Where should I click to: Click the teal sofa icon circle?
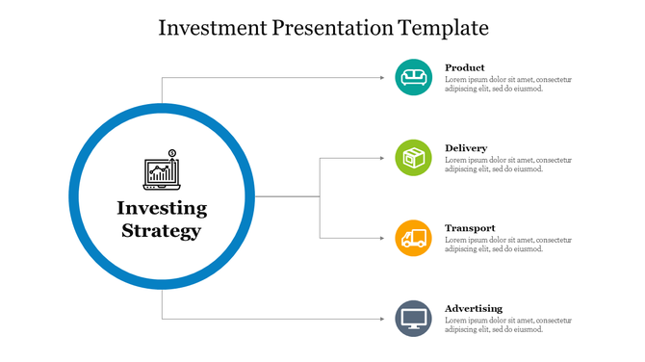(x=414, y=77)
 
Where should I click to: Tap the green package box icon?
(x=414, y=158)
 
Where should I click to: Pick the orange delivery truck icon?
(x=414, y=238)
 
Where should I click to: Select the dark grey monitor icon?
(x=414, y=318)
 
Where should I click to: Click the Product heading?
(x=465, y=67)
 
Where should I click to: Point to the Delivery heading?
(x=466, y=148)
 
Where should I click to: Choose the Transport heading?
(x=470, y=228)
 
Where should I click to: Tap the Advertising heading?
(x=474, y=308)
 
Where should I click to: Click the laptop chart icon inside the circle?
(x=161, y=170)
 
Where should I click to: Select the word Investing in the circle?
(x=162, y=208)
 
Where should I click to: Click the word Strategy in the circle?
(x=162, y=231)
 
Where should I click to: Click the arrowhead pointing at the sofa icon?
(x=385, y=77)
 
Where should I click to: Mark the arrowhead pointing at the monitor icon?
(x=385, y=318)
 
